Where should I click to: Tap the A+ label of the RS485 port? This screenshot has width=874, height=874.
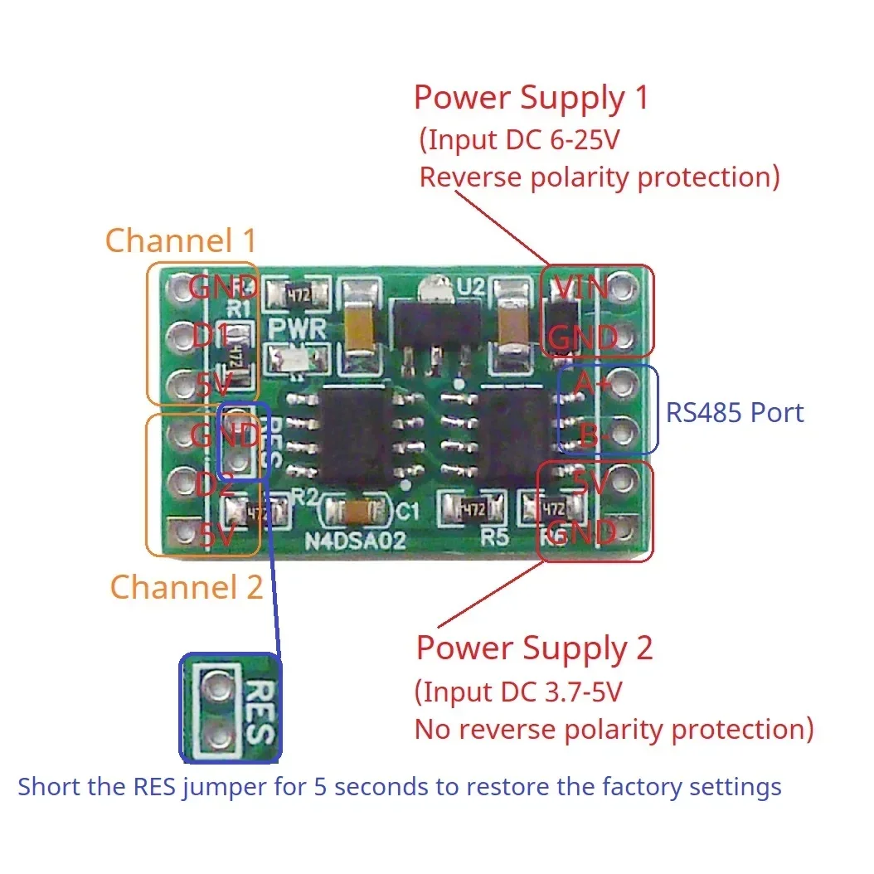point(584,384)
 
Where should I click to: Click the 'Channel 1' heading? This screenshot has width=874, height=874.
point(181,240)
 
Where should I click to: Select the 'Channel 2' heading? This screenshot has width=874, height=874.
point(187,587)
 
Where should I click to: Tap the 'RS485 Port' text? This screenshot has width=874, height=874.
point(735,412)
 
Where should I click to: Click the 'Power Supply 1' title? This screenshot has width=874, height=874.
point(531,98)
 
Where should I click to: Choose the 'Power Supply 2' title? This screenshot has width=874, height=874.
point(534,648)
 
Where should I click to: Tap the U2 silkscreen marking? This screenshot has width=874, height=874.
point(471,286)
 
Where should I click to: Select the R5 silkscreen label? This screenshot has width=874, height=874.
point(494,537)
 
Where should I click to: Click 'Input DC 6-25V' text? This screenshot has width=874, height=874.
point(520,140)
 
